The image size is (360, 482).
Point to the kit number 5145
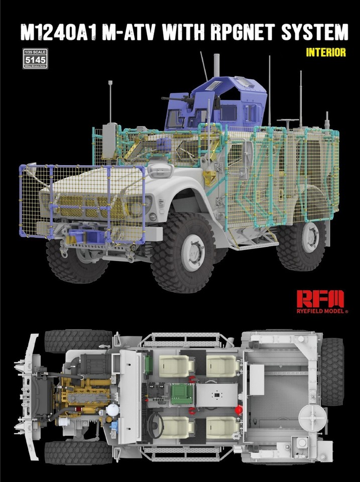(35, 58)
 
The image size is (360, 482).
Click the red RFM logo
(320, 299)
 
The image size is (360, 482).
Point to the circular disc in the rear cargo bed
(310, 416)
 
